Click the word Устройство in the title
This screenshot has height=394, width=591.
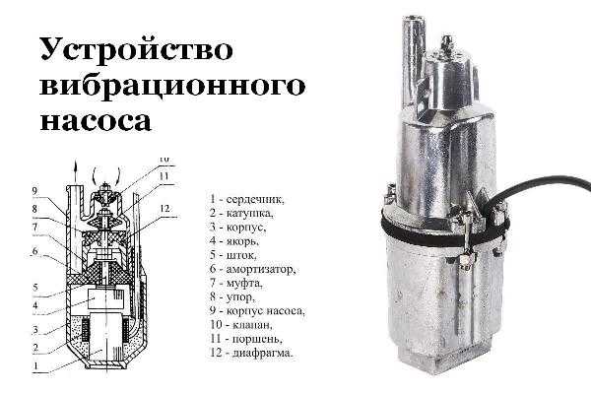136,49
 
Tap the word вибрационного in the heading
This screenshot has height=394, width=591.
172,86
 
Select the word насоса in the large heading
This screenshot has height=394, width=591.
96,120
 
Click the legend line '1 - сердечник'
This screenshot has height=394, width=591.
247,199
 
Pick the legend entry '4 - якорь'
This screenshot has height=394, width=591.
234,240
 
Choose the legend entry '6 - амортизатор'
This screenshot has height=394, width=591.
252,269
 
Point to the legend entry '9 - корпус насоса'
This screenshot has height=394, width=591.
257,311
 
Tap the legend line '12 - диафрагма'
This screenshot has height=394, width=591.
251,354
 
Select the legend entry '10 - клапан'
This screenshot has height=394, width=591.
241,325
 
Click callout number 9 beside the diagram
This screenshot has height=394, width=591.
35,191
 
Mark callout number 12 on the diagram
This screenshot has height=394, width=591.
164,209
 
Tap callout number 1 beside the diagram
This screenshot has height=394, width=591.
35,365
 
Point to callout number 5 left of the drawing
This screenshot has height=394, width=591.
35,288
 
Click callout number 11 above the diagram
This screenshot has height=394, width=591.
164,176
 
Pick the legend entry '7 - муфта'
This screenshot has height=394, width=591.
236,283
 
